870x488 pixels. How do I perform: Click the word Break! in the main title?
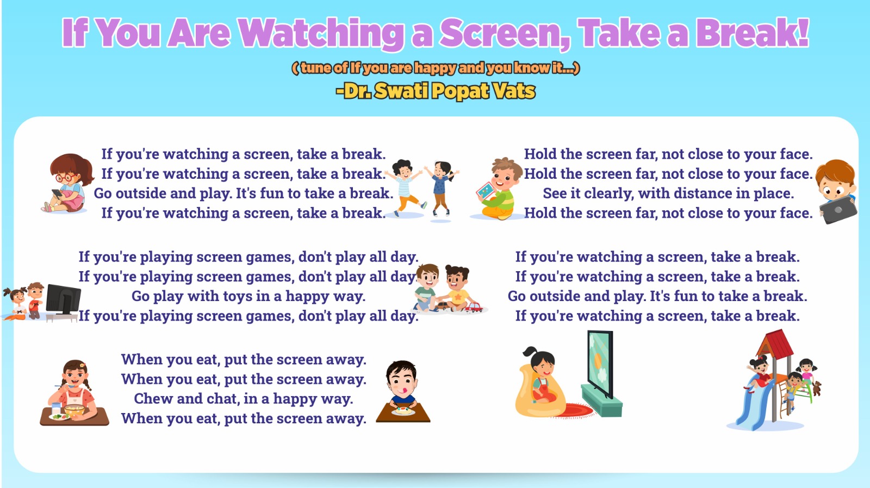click(x=753, y=33)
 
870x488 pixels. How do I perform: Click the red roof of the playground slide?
click(x=775, y=343)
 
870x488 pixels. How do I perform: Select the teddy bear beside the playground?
click(x=817, y=388)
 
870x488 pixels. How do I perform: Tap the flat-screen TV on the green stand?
click(x=600, y=364)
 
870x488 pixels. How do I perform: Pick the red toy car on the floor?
click(x=474, y=308)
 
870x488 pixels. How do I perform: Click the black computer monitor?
click(x=63, y=299)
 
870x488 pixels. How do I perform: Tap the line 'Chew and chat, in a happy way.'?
click(x=244, y=399)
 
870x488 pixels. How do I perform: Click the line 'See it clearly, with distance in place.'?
click(x=668, y=193)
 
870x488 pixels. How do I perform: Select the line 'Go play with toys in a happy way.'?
click(x=248, y=296)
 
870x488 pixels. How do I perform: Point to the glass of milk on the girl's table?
click(x=57, y=409)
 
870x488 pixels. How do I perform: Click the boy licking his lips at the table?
click(x=402, y=384)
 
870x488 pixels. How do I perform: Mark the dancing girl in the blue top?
click(x=442, y=189)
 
